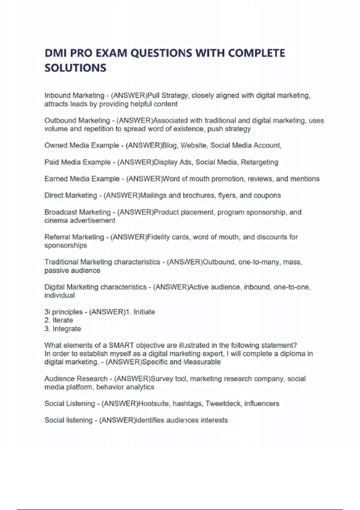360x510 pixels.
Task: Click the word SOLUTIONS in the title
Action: pyautogui.click(x=75, y=68)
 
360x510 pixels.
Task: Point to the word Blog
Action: pyautogui.click(x=169, y=145)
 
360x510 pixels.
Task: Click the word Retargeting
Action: pyautogui.click(x=259, y=162)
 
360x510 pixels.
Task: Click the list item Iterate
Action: pyautogui.click(x=63, y=320)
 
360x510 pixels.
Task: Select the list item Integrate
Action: pyautogui.click(x=67, y=329)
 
